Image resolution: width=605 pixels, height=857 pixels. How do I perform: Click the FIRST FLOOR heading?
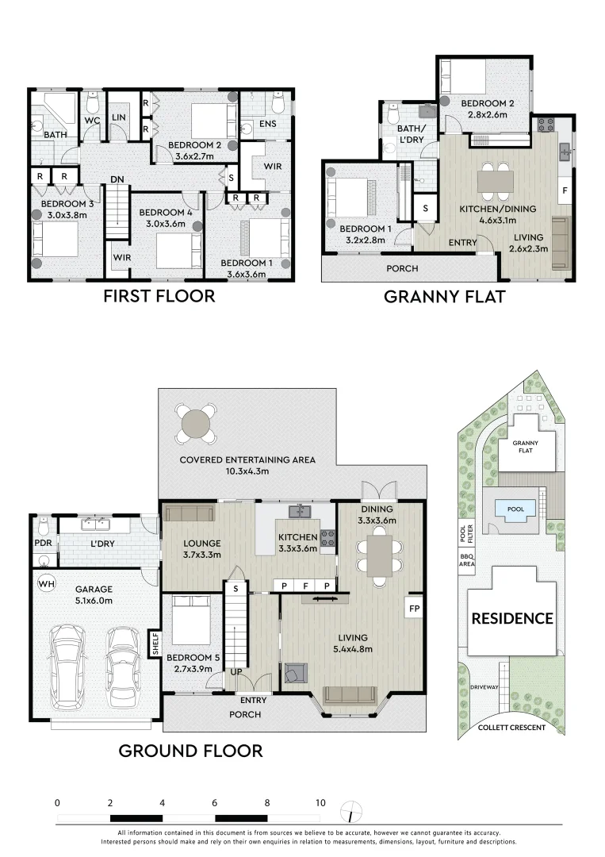point(159,297)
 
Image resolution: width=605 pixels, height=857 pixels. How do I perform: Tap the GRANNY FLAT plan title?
point(445,298)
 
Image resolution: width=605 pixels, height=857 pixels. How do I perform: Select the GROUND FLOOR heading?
point(190,750)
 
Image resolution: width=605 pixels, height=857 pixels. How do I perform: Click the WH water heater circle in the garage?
point(46,583)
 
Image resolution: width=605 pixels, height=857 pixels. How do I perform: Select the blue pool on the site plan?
point(515,509)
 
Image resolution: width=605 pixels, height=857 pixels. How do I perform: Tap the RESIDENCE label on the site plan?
point(512,618)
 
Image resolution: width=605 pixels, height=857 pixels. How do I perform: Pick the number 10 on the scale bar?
point(320,803)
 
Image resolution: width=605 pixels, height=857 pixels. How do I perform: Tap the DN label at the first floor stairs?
point(117,180)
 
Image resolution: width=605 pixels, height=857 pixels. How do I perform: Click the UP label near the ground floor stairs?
point(235,672)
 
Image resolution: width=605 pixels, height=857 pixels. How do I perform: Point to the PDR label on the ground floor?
point(44,544)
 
